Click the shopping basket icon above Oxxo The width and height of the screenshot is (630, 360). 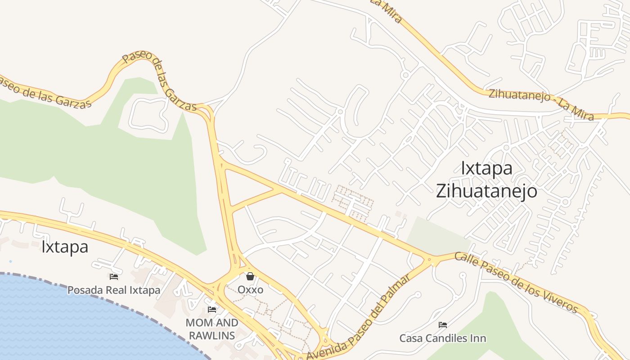250,276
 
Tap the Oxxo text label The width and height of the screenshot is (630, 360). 250,289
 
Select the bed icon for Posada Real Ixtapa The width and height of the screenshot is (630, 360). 114,277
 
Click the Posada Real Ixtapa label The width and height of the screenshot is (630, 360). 114,290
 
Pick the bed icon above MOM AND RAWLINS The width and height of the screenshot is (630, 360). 212,310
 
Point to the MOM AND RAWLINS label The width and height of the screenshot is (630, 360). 212,329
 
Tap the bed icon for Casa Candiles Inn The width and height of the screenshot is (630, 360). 443,324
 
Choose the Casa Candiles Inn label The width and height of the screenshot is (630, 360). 443,338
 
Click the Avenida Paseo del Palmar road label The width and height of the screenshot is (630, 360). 359,317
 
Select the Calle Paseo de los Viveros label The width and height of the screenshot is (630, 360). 516,282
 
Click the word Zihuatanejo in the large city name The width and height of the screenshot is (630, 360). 486,191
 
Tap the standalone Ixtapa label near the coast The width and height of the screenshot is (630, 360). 65,247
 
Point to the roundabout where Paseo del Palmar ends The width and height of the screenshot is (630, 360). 430,260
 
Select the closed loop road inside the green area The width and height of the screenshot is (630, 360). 148,115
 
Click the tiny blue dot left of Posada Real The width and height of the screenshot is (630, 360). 10,261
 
